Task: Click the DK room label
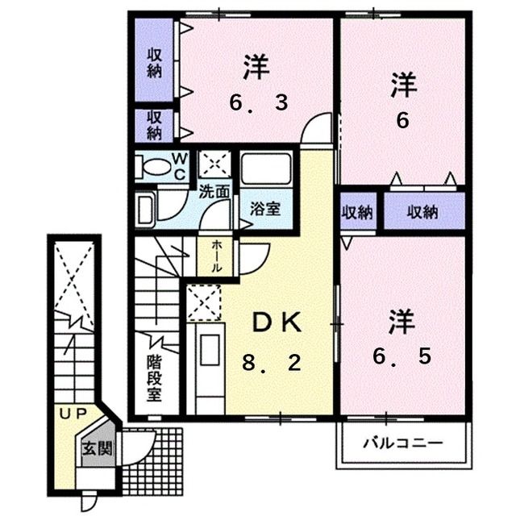click(277, 322)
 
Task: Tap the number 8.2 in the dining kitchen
click(272, 363)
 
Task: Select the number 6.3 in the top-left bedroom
click(259, 102)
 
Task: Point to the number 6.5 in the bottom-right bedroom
click(402, 356)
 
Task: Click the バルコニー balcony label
click(403, 444)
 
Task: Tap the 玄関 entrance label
click(98, 448)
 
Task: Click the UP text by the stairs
click(73, 414)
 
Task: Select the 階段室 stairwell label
click(154, 377)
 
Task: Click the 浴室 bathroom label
click(265, 209)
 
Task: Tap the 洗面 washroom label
click(214, 192)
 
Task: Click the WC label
click(180, 167)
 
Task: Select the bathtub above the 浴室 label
click(266, 169)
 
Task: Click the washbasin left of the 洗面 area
click(145, 209)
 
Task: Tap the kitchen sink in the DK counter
click(210, 349)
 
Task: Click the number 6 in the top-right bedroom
click(403, 121)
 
